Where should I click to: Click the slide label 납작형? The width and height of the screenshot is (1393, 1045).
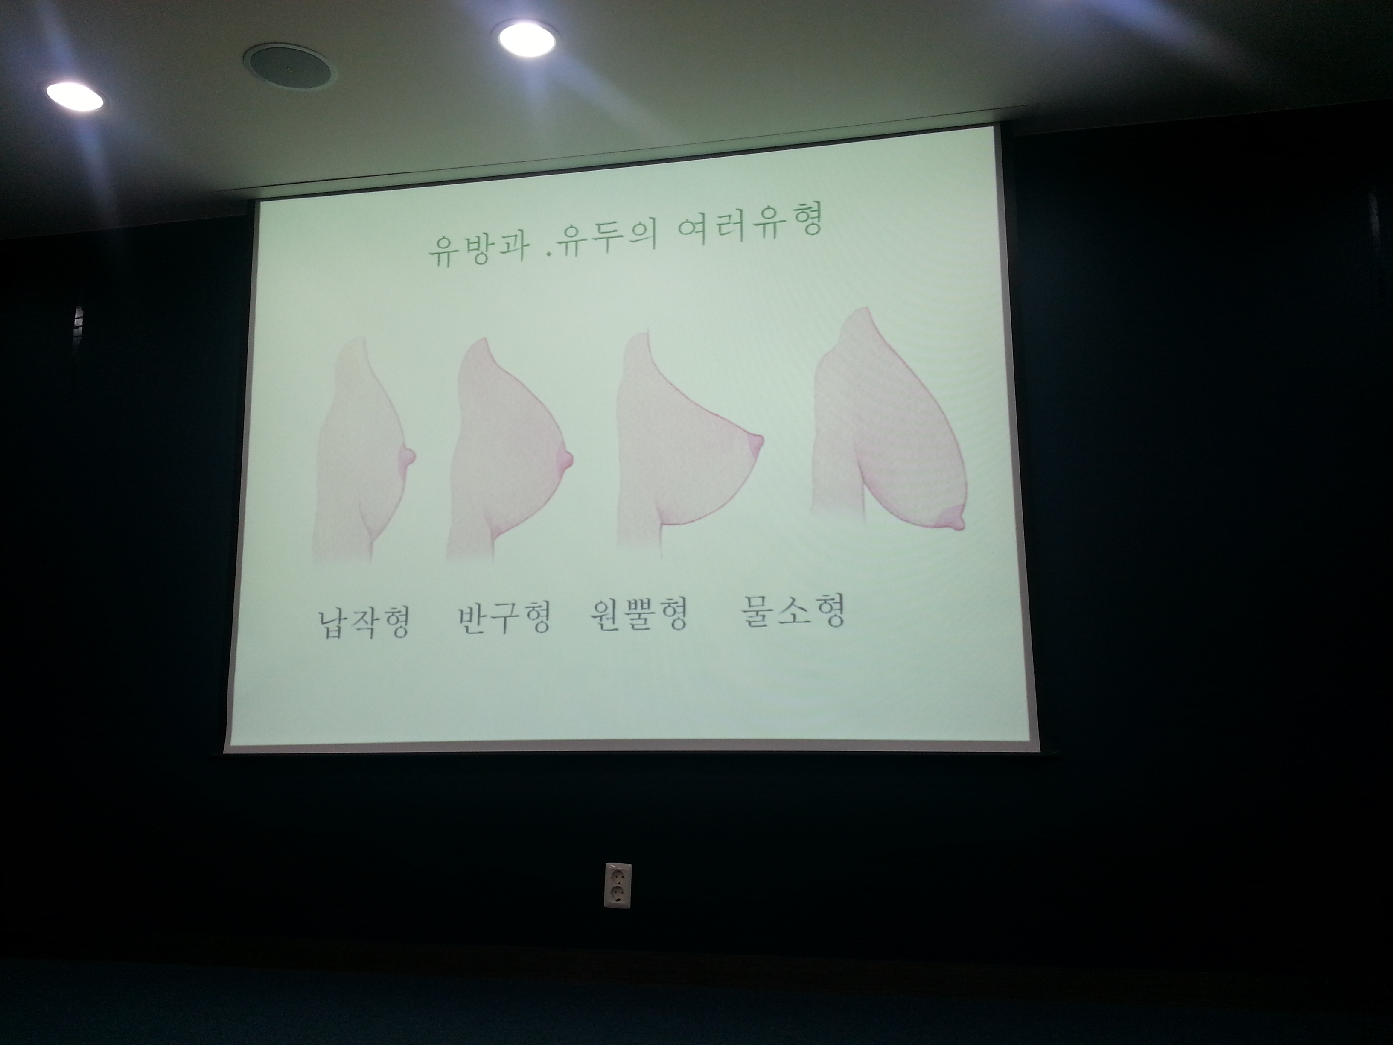click(364, 620)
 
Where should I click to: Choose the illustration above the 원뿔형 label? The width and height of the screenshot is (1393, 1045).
click(690, 444)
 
